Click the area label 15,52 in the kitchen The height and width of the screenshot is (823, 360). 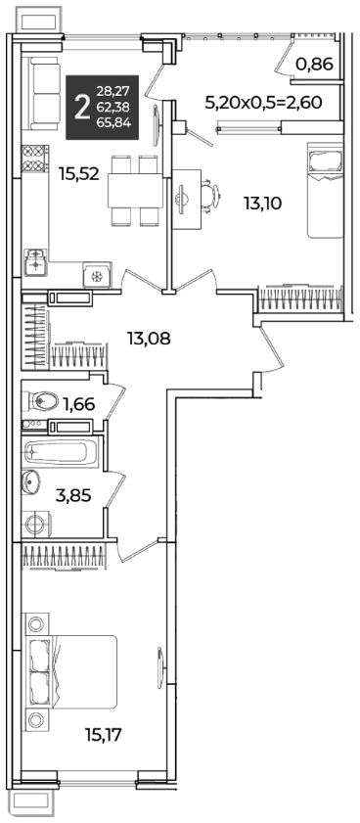pyautogui.click(x=79, y=174)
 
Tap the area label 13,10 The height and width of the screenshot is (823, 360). pyautogui.click(x=262, y=202)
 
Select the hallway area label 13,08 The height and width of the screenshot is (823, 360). pyautogui.click(x=149, y=339)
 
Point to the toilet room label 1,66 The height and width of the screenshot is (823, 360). pyautogui.click(x=78, y=404)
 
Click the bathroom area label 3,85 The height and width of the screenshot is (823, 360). pyautogui.click(x=73, y=494)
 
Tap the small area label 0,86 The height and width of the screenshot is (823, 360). pyautogui.click(x=314, y=64)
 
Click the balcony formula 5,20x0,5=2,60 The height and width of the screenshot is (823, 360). pyautogui.click(x=263, y=102)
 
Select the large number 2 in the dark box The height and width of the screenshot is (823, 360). pyautogui.click(x=81, y=109)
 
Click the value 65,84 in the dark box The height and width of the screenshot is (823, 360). pyautogui.click(x=113, y=124)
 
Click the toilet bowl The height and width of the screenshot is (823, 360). pyautogui.click(x=40, y=401)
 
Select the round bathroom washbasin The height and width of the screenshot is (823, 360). pyautogui.click(x=30, y=481)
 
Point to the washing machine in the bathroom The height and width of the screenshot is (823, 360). pyautogui.click(x=37, y=524)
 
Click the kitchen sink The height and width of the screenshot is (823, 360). pyautogui.click(x=35, y=262)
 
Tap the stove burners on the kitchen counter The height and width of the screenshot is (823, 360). pyautogui.click(x=34, y=159)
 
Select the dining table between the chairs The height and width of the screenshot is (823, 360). pyautogui.click(x=134, y=191)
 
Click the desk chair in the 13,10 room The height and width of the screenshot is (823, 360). pyautogui.click(x=210, y=196)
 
